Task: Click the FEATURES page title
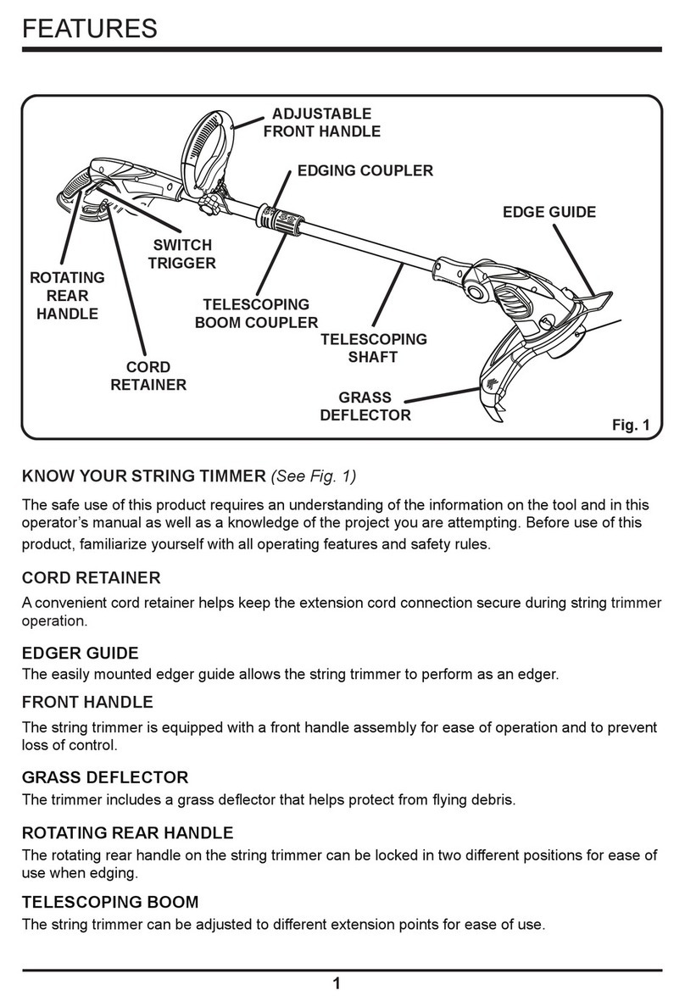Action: pyautogui.click(x=89, y=29)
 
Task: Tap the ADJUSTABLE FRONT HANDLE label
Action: pyautogui.click(x=321, y=122)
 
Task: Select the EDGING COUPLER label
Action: pyautogui.click(x=365, y=170)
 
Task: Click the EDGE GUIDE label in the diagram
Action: pyautogui.click(x=549, y=212)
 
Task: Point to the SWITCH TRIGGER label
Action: pyautogui.click(x=181, y=254)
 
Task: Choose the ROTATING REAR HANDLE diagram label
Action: pyautogui.click(x=67, y=296)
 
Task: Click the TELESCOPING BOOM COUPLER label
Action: pyautogui.click(x=256, y=314)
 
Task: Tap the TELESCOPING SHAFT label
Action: pyautogui.click(x=373, y=348)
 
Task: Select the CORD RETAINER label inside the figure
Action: pyautogui.click(x=148, y=376)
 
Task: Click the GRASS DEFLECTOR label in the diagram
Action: pyautogui.click(x=365, y=406)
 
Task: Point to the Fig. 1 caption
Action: pyautogui.click(x=630, y=426)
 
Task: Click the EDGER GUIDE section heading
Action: pyautogui.click(x=80, y=654)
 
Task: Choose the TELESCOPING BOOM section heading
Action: pyautogui.click(x=110, y=902)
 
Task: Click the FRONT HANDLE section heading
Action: pyautogui.click(x=86, y=702)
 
